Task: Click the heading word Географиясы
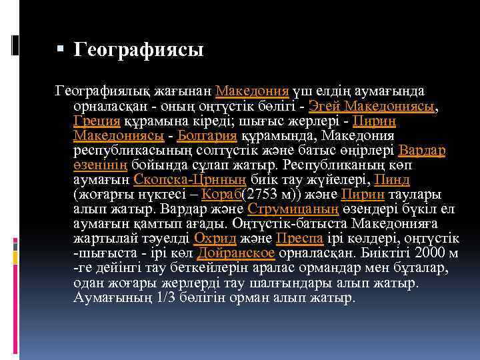point(138,49)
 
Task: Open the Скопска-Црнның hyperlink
point(191,179)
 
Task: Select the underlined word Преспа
point(299,238)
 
